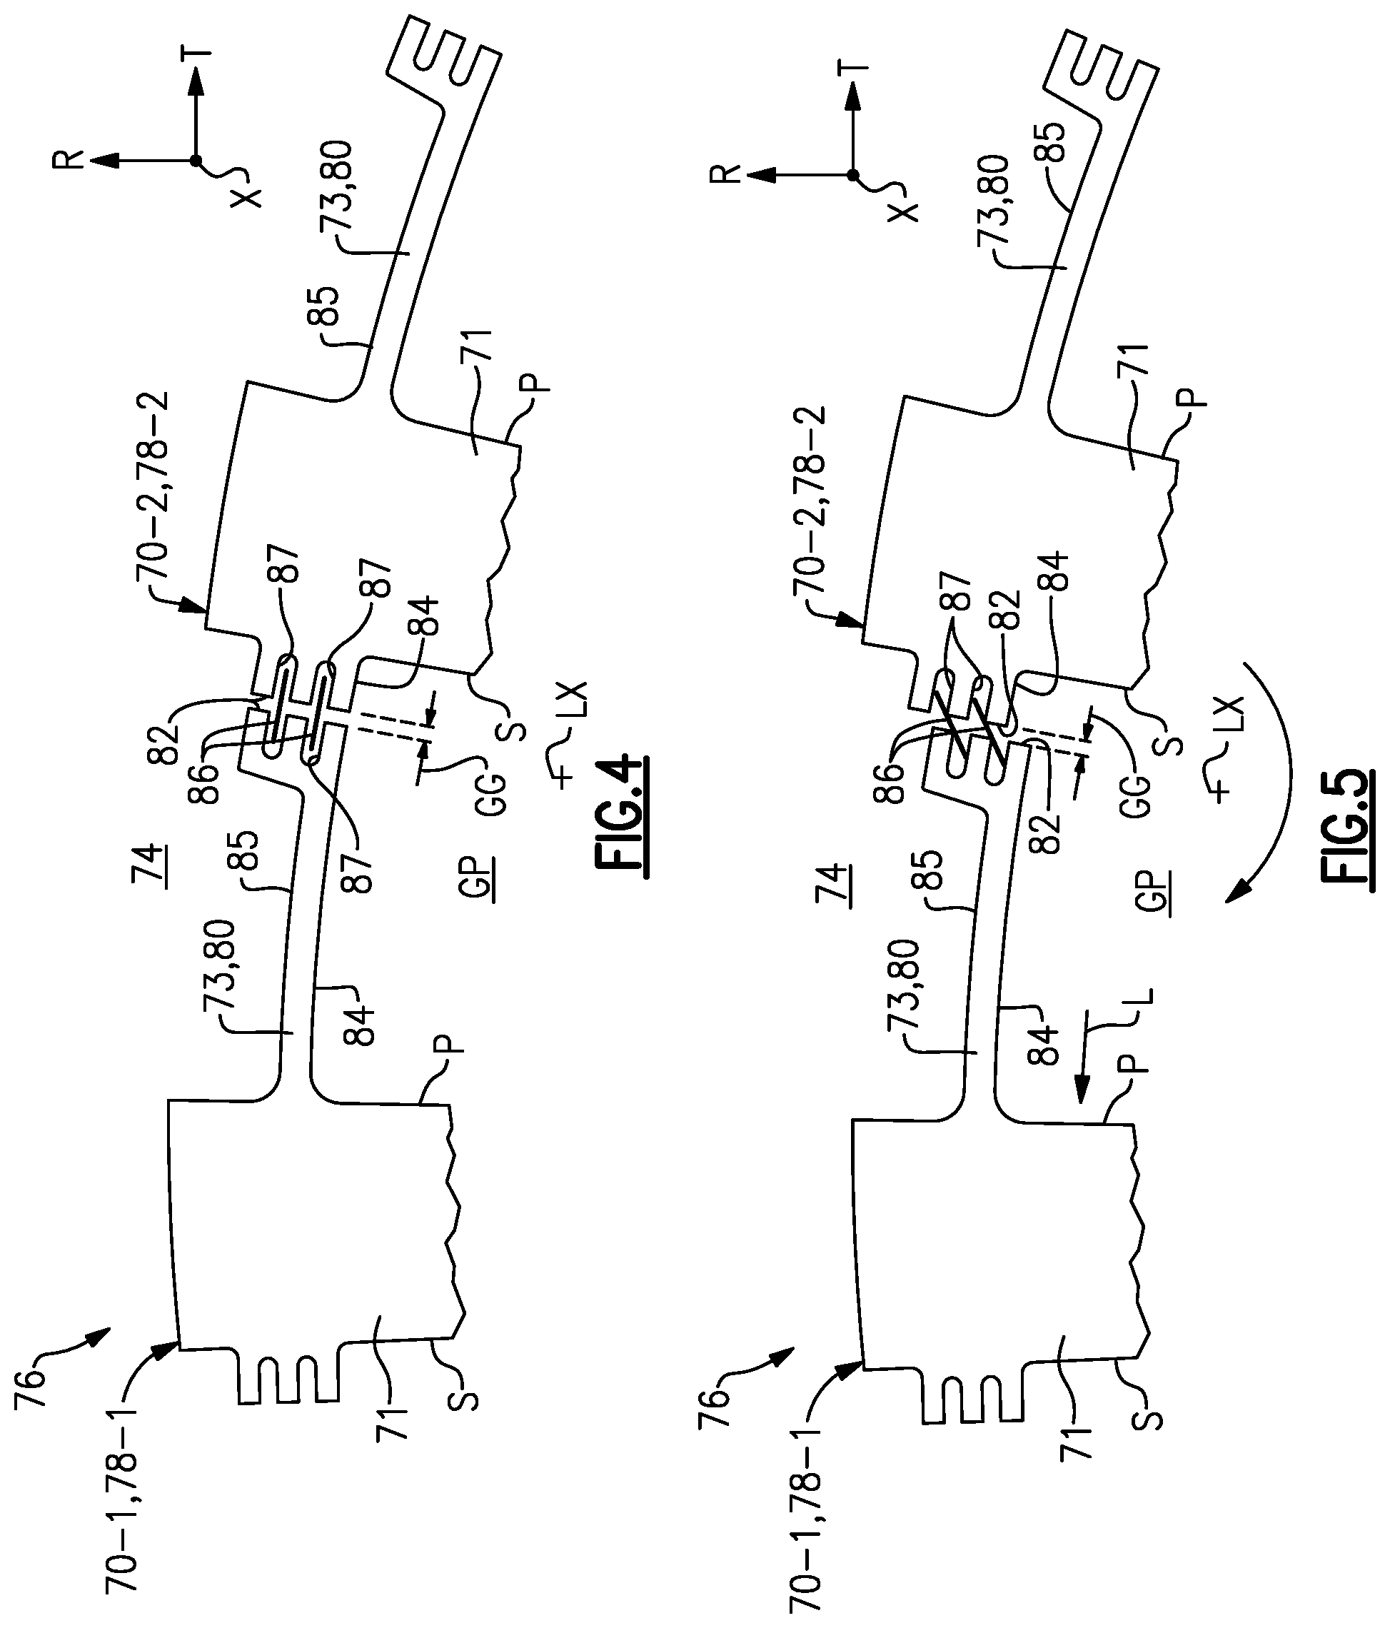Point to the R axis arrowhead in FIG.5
pos(757,174)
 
